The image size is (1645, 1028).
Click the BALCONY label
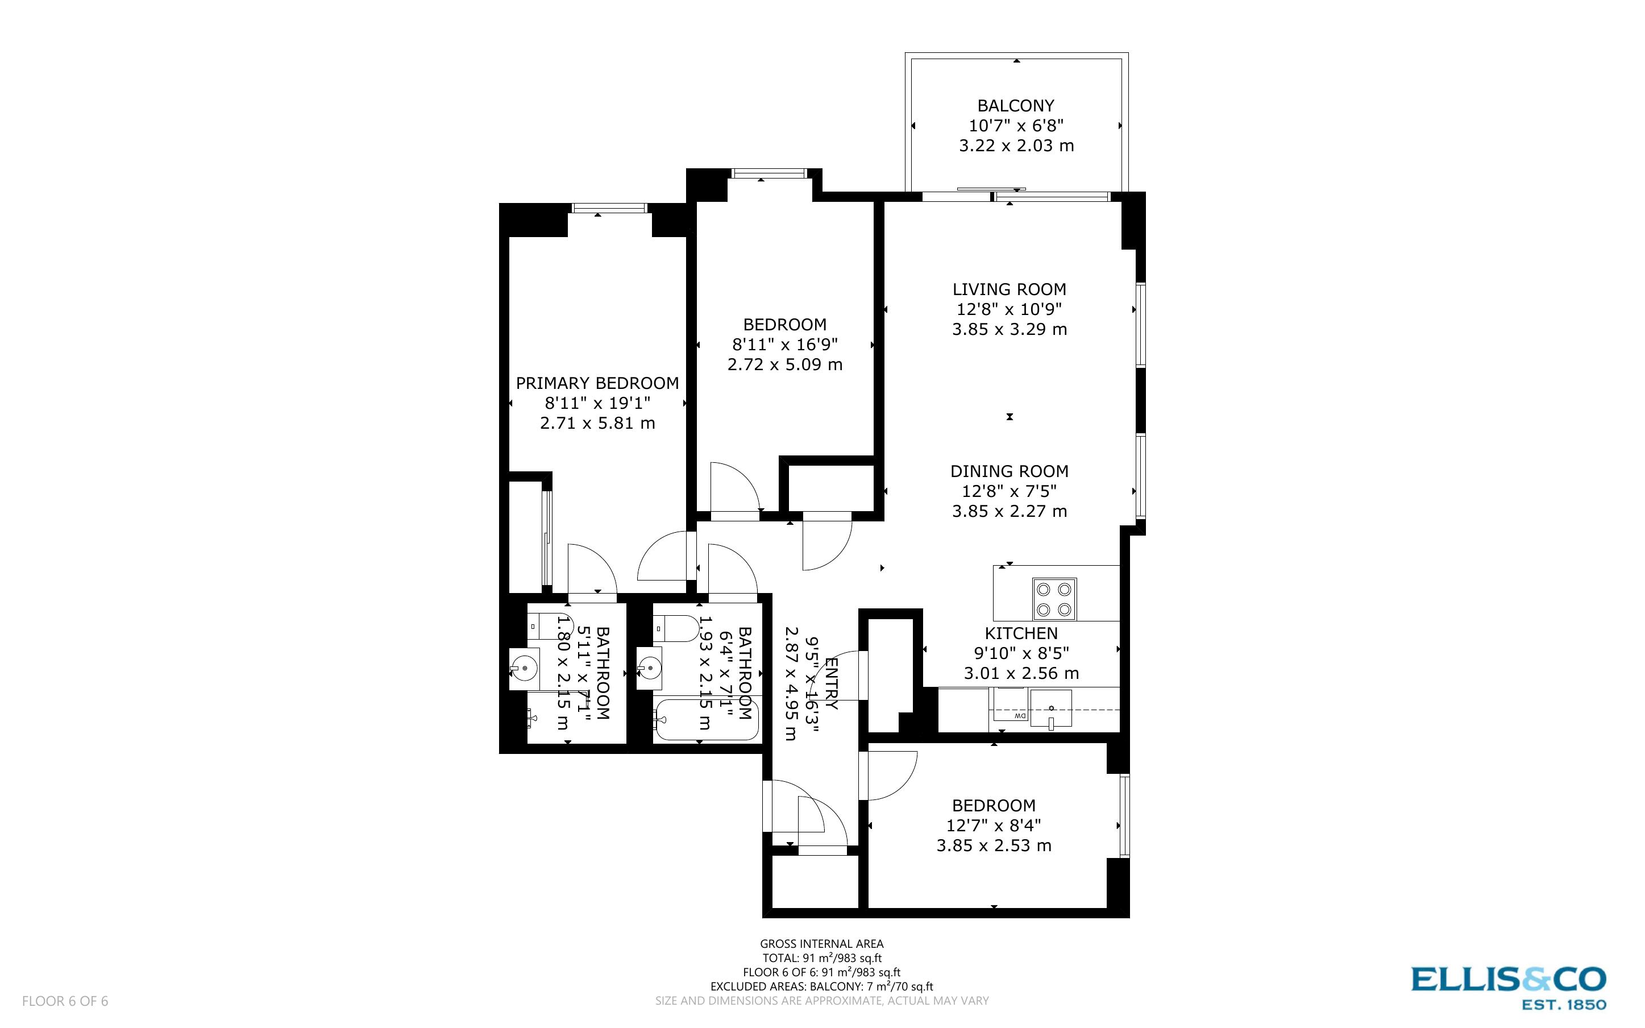pos(1015,106)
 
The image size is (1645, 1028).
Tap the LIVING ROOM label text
pos(1009,289)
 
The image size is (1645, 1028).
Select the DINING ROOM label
pos(1009,471)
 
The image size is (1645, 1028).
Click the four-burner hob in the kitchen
pos(1054,599)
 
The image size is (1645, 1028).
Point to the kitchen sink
pos(1050,708)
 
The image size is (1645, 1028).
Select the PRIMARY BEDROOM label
pos(597,383)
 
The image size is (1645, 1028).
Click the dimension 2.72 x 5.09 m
pos(785,364)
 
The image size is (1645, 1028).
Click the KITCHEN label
pos(1021,633)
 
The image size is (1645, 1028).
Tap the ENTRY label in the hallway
pos(831,683)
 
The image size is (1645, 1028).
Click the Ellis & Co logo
pos(1509,986)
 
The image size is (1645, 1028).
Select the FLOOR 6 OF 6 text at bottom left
pos(65,1001)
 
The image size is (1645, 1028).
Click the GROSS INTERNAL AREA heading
pos(821,944)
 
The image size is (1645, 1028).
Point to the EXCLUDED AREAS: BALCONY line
pos(821,986)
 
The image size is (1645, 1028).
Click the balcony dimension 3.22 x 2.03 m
pos(1016,146)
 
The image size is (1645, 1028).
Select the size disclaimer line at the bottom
pos(821,1001)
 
